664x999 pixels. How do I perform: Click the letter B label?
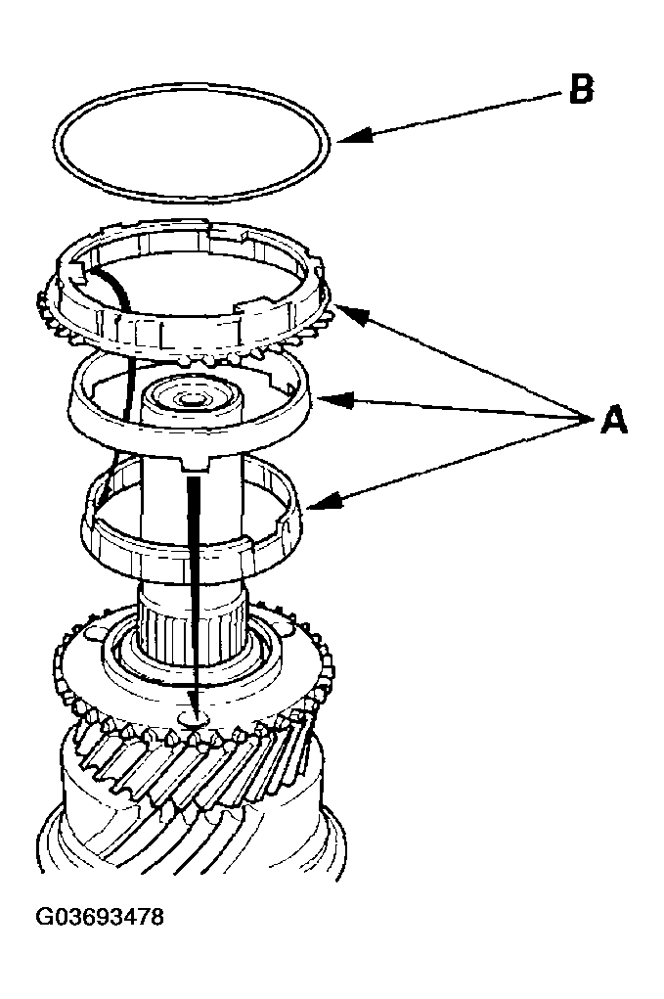pyautogui.click(x=580, y=91)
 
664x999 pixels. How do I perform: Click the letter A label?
pyautogui.click(x=612, y=421)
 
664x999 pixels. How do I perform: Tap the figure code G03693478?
pyautogui.click(x=100, y=918)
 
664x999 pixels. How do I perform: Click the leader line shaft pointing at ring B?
pyautogui.click(x=460, y=115)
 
